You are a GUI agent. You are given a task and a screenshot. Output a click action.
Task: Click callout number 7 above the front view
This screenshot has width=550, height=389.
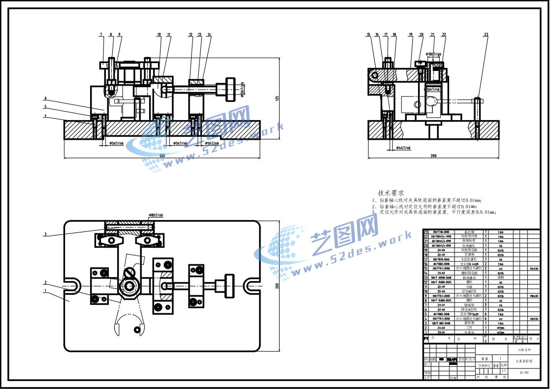[x=101, y=34]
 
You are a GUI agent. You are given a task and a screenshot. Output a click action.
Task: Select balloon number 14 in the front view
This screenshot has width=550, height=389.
[x=209, y=34]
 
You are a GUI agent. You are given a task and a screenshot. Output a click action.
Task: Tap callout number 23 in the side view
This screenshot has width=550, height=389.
[x=486, y=34]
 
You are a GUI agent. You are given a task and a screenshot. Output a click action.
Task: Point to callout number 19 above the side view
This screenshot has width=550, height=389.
[x=410, y=34]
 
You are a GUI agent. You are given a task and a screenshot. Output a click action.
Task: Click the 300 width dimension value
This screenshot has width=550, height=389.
[x=162, y=156]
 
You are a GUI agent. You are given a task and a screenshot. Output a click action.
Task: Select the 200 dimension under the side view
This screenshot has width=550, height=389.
[x=433, y=156]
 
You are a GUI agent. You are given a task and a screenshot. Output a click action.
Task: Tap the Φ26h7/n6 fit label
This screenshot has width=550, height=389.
[x=433, y=89]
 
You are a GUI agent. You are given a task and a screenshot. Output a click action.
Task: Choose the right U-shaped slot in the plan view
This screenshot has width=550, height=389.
[x=252, y=285]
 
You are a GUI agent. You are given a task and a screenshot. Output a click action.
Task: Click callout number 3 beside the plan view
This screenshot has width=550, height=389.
[x=45, y=234]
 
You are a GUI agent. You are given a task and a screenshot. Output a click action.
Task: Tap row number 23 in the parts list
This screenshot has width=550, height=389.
[x=426, y=231]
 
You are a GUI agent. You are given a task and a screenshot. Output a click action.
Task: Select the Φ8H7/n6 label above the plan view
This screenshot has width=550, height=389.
[x=156, y=216]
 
